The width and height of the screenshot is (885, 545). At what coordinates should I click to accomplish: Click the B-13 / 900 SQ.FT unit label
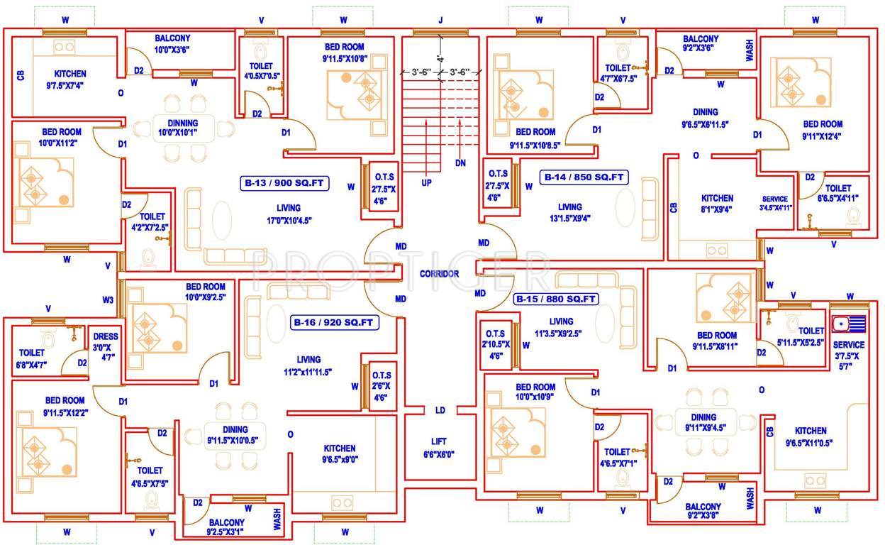tap(284, 183)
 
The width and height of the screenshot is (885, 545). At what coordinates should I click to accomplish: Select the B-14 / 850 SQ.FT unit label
tap(584, 177)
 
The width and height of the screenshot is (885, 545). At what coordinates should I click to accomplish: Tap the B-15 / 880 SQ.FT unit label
tap(556, 299)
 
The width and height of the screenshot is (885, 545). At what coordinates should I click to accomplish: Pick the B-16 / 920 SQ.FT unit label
tap(335, 323)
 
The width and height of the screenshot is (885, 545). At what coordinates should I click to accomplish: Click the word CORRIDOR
tap(439, 274)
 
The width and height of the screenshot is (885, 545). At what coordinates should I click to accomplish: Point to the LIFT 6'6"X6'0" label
tap(439, 448)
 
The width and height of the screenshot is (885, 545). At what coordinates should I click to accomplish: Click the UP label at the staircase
tap(426, 182)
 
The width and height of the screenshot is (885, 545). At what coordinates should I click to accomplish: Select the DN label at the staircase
tap(461, 163)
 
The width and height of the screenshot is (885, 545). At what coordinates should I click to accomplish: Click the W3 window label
tap(107, 300)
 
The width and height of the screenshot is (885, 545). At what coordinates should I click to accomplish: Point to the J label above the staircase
tap(440, 20)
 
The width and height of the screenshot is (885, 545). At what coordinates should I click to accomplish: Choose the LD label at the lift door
tap(440, 410)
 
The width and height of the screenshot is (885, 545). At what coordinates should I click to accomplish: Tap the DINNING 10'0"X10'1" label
tap(178, 127)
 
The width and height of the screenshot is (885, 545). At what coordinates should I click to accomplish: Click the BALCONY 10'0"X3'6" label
tap(172, 44)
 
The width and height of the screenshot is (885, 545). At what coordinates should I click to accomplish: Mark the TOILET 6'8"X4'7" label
tap(32, 358)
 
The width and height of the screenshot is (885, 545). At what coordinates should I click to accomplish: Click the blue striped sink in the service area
tap(848, 324)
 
